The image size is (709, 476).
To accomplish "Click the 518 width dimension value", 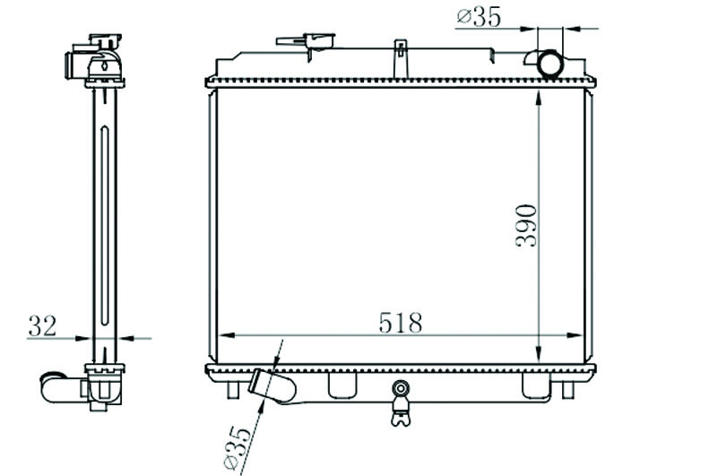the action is pos(400,323).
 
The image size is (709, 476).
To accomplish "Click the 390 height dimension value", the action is pos(526,226).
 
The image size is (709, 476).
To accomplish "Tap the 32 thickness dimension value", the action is pos(42,326).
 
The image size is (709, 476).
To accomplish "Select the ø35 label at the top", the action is pos(479,17).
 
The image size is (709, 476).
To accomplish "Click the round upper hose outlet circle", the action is pos(549,65).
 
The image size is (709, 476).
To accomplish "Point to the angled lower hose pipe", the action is pos(272,386).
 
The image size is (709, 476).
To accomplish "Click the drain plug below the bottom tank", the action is pos(401,403).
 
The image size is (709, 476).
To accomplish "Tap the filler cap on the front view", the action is pos(306,41).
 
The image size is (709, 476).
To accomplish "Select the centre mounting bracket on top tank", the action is pos(401,59).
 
